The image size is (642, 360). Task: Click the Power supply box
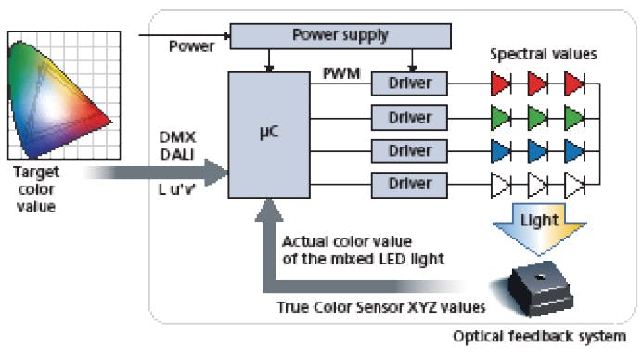coord(340,36)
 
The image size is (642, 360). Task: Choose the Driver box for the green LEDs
coord(409,119)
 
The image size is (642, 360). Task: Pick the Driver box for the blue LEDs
coord(409,149)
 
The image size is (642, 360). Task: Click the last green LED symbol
coord(573,119)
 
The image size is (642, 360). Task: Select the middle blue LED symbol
coord(537,149)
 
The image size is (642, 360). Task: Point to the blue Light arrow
coord(537,225)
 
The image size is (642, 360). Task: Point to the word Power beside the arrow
coord(193,45)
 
